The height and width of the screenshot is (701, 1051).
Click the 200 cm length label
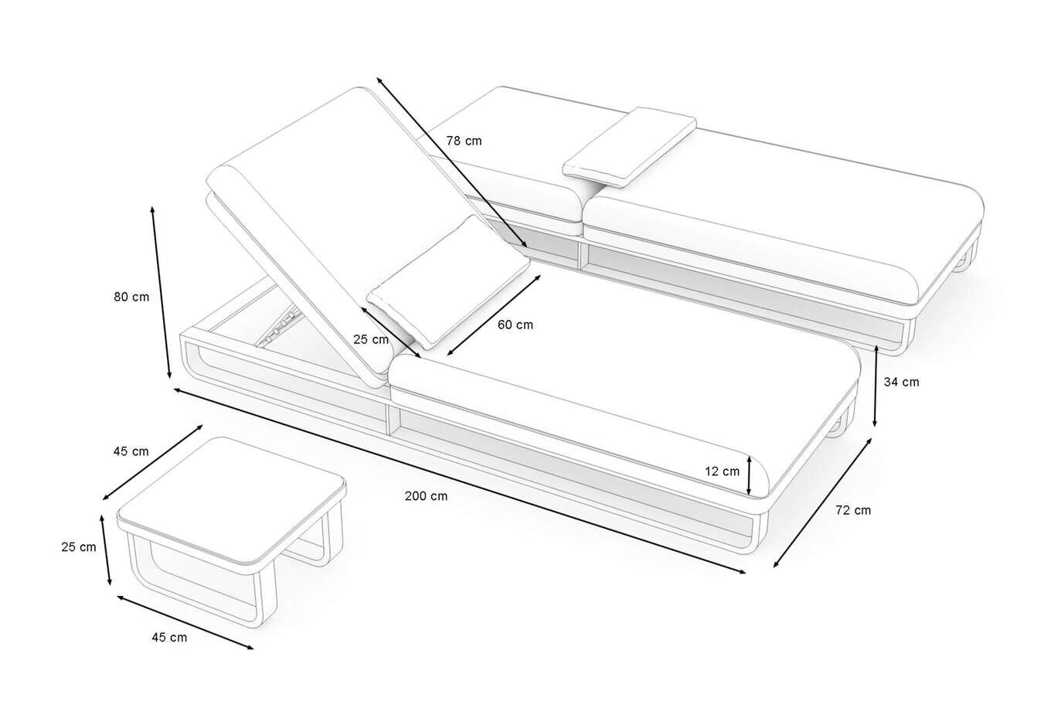click(426, 496)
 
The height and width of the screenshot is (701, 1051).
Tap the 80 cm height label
click(131, 297)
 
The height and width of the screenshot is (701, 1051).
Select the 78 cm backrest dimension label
click(464, 141)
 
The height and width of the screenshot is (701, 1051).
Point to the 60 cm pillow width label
click(515, 325)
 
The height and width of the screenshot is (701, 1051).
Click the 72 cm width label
click(853, 511)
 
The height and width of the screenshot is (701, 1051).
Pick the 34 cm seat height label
click(901, 383)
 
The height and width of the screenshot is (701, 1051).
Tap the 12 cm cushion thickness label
click(722, 471)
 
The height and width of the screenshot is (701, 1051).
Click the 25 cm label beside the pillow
click(371, 340)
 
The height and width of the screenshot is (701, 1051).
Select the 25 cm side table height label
click(78, 547)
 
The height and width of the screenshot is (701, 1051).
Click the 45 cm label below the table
click(169, 638)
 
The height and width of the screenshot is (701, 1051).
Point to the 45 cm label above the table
click(131, 451)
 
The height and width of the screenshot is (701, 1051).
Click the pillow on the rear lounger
click(630, 148)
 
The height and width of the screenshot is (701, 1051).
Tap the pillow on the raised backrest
click(448, 282)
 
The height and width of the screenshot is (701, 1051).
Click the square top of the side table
click(232, 499)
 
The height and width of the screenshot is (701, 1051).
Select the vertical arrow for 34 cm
click(876, 386)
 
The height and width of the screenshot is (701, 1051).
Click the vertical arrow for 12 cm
click(749, 476)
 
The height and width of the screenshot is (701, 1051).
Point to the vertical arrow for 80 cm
click(161, 292)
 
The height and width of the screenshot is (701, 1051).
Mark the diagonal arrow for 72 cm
click(822, 503)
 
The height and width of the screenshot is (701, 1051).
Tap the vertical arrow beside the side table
click(106, 550)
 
